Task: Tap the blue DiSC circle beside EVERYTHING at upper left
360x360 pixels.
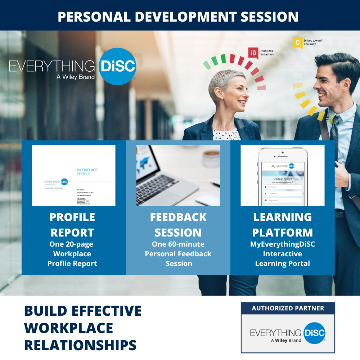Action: point(117,66)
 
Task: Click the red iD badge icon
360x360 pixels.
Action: point(253,53)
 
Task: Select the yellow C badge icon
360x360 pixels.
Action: point(297,42)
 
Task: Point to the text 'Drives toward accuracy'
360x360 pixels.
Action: point(312,42)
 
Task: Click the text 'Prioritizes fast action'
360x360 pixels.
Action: point(266,52)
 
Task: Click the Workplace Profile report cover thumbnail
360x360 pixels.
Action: point(74,175)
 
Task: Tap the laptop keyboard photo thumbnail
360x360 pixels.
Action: point(178,175)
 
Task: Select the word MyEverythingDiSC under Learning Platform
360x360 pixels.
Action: point(283,244)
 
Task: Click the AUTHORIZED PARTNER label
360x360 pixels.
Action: point(288,308)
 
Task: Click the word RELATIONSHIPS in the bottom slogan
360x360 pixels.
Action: point(80,345)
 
